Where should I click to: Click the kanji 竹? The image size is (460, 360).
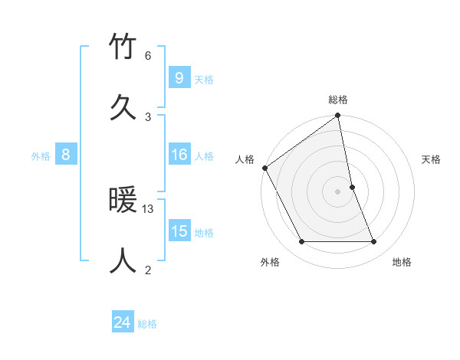123,47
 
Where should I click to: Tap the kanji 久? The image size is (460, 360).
123,106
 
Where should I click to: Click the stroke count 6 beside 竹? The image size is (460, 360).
148,56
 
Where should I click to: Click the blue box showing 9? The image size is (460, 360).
179,78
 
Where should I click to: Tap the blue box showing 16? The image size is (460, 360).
179,155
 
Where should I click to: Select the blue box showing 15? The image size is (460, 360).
179,232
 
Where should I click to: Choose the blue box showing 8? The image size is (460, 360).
66,155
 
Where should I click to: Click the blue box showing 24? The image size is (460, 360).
122,323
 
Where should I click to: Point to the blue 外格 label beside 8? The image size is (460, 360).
41,156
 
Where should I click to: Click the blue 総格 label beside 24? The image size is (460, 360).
147,324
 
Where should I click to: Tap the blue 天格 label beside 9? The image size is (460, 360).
203,79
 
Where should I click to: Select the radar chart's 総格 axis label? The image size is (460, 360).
338,100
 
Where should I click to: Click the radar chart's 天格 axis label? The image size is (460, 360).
431,159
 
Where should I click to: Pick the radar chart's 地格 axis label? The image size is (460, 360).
402,262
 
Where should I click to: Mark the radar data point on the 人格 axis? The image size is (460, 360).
264,168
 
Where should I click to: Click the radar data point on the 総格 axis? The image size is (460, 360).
338,116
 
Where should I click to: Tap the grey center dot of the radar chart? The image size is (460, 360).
338,191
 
